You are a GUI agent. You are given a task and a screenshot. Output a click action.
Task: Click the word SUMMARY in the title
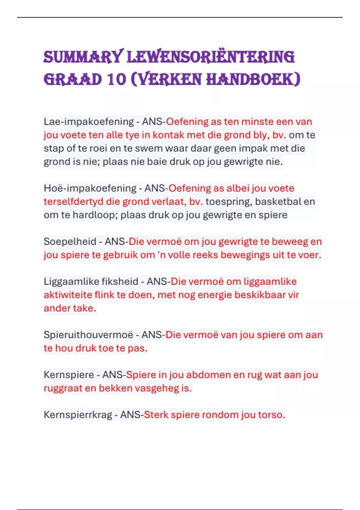pos(83,57)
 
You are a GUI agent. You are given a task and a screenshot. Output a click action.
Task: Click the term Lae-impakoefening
pos(89,121)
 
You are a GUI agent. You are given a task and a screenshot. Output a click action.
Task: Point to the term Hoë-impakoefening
pos(90,188)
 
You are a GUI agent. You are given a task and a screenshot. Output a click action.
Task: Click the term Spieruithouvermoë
pos(88,335)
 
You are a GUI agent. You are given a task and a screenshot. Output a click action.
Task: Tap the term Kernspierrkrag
pos(78,415)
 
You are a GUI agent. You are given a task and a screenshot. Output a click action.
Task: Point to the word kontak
pos(168,135)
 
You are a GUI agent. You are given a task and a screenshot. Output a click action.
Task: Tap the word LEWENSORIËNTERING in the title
pos(211,57)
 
